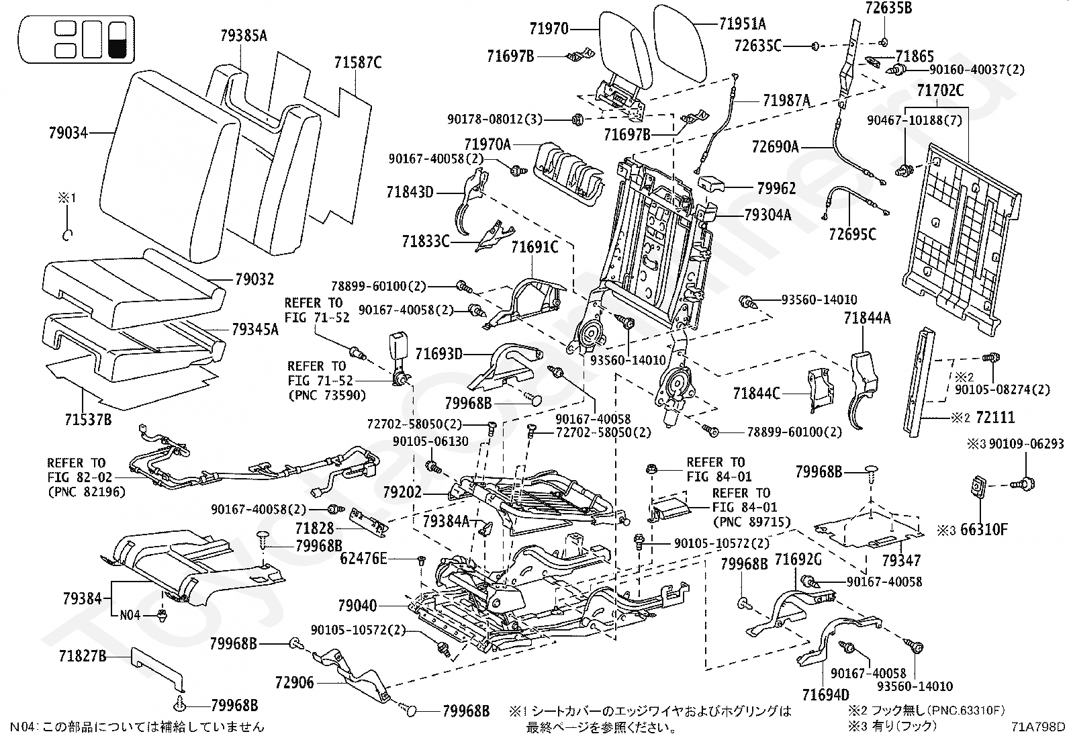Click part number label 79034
[x=68, y=133]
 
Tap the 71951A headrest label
[x=743, y=24]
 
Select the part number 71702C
[x=940, y=90]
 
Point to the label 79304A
[x=768, y=216]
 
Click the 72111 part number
[x=995, y=418]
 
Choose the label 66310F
[x=984, y=529]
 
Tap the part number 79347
[x=901, y=561]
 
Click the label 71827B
[x=83, y=656]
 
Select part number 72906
[x=295, y=683]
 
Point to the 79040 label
[x=357, y=606]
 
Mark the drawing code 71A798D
[x=1037, y=727]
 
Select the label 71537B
[x=88, y=420]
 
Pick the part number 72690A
[x=775, y=146]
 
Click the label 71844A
[x=867, y=318]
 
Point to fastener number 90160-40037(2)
[x=977, y=70]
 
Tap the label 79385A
[x=244, y=36]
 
